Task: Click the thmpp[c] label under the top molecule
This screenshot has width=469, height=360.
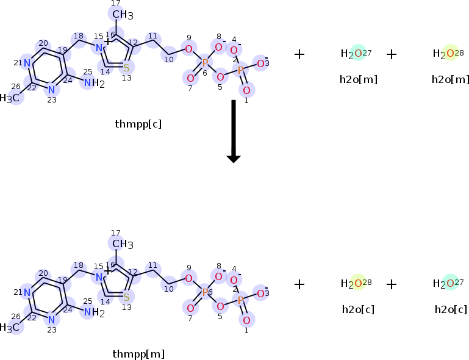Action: (138, 124)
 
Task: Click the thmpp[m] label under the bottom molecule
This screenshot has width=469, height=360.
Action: (138, 354)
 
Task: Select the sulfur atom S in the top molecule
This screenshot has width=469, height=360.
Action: (126, 67)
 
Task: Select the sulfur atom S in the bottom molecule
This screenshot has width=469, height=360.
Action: (126, 297)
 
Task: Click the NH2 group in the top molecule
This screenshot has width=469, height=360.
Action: (93, 83)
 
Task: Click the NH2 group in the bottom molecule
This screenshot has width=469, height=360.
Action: (93, 312)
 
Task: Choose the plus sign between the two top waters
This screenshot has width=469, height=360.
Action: (392, 54)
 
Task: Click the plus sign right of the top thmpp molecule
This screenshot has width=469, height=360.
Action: (299, 54)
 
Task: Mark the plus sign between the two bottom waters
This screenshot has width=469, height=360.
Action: (392, 284)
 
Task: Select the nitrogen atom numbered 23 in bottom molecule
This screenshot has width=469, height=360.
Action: (52, 319)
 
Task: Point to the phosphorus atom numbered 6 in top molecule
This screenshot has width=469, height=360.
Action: (205, 63)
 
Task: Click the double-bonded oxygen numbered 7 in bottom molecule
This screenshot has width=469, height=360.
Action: (190, 308)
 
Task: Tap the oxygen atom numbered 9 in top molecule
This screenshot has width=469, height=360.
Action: (188, 49)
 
